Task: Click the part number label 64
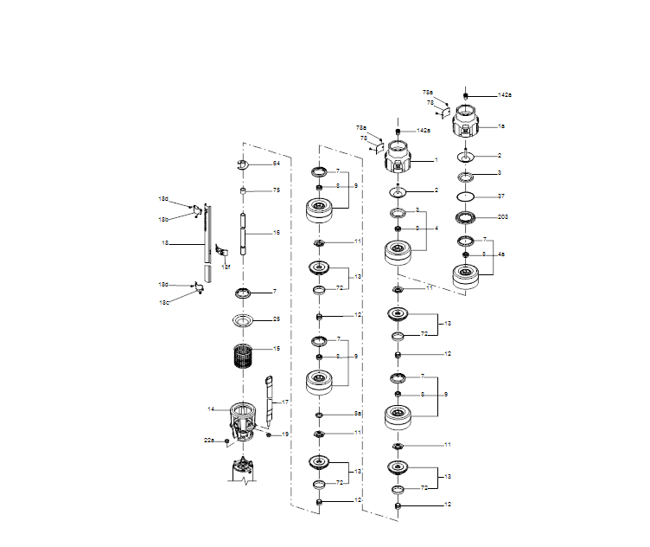coord(277,163)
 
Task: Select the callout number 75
coord(277,190)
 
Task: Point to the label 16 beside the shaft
coord(277,233)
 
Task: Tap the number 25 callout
coord(277,319)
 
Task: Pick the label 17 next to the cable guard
coord(286,402)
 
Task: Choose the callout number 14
coord(211,409)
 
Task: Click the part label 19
coord(286,434)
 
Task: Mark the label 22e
coord(209,441)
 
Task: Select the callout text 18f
coord(226,267)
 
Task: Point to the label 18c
coord(164,302)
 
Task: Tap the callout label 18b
coord(163,219)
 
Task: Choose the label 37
coord(501,196)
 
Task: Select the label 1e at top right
coord(501,126)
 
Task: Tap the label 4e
coord(501,254)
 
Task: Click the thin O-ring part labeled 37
coord(467,196)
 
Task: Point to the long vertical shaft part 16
coord(246,234)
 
